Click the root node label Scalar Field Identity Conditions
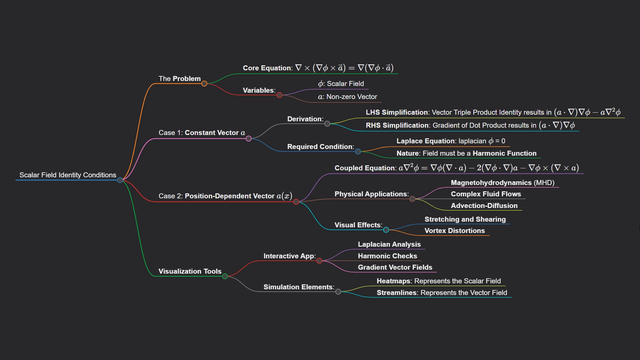pyautogui.click(x=68, y=175)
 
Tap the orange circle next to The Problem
pyautogui.click(x=204, y=84)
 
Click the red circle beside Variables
pyautogui.click(x=279, y=95)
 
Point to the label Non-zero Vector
pyautogui.click(x=352, y=97)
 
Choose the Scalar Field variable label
pyautogui.click(x=345, y=84)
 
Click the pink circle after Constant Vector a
pyautogui.click(x=249, y=139)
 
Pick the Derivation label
pyautogui.click(x=305, y=119)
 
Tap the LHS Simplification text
pyautogui.click(x=397, y=112)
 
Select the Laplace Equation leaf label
pyautogui.click(x=426, y=141)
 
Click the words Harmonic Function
pyautogui.click(x=504, y=153)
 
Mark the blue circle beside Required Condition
pyautogui.click(x=358, y=152)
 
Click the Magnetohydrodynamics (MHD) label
pyautogui.click(x=502, y=183)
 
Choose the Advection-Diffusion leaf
pyautogui.click(x=484, y=206)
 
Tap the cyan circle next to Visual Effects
pyautogui.click(x=386, y=230)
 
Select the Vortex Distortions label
pyautogui.click(x=454, y=231)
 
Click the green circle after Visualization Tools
pyautogui.click(x=225, y=276)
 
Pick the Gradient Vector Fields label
pyautogui.click(x=395, y=267)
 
